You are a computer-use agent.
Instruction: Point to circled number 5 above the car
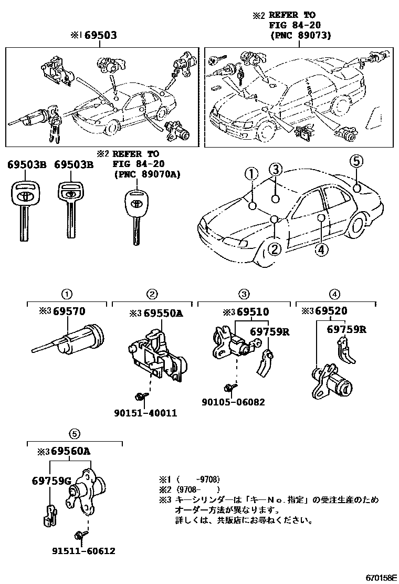coord(356,161)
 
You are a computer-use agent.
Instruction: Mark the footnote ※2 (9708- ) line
coord(188,489)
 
